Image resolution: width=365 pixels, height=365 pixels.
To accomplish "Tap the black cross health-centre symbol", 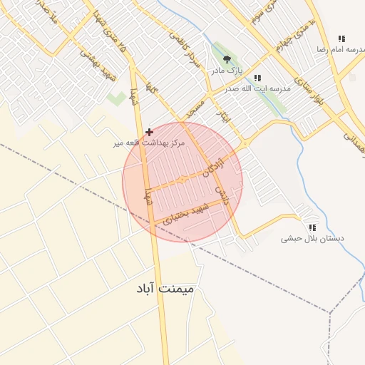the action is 149,132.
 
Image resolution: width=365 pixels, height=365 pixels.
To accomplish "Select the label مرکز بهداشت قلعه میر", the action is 148,143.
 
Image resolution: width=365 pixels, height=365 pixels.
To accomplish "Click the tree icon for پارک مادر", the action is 227,60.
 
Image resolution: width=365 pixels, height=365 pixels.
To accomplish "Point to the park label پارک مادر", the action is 227,72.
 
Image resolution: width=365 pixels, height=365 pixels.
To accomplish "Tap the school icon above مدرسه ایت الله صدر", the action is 257,77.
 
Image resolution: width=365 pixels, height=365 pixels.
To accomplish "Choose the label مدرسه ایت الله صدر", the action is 257,88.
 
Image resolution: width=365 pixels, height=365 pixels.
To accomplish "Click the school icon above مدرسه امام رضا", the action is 341,38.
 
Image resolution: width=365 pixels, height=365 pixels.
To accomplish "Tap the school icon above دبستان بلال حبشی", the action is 312,227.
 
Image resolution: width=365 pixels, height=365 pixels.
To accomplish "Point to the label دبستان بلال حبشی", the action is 312,239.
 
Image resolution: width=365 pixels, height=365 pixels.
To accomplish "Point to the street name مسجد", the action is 195,108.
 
